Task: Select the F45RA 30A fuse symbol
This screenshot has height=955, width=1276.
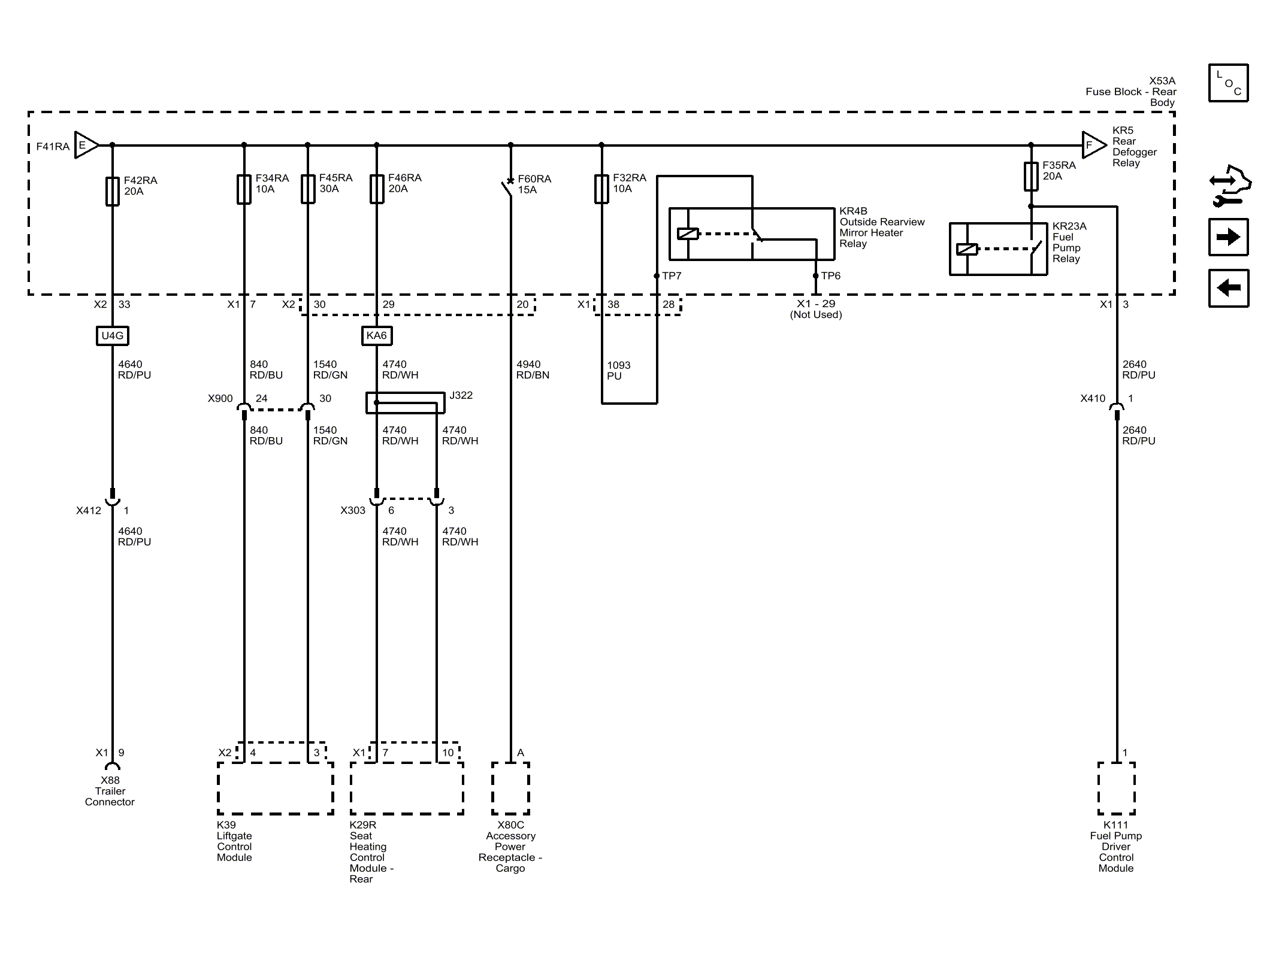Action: pyautogui.click(x=308, y=189)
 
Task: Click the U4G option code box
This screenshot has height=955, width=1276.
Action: pyautogui.click(x=113, y=335)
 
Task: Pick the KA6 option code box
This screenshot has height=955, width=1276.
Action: pyautogui.click(x=377, y=335)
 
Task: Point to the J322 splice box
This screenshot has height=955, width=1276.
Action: pyautogui.click(x=406, y=403)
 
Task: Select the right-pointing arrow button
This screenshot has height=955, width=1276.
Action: pyautogui.click(x=1228, y=237)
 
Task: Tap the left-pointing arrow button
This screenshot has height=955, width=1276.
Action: pyautogui.click(x=1228, y=288)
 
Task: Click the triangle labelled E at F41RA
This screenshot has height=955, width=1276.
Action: pyautogui.click(x=86, y=145)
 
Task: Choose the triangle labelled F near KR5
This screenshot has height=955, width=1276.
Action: pyautogui.click(x=1094, y=145)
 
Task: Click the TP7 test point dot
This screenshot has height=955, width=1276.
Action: pyautogui.click(x=657, y=276)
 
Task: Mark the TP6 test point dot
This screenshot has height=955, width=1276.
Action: pyautogui.click(x=816, y=276)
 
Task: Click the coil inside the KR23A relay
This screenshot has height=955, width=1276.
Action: pyautogui.click(x=967, y=249)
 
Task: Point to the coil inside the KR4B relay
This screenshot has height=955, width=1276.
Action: pyautogui.click(x=688, y=234)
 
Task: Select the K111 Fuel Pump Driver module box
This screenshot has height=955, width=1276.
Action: pyautogui.click(x=1117, y=789)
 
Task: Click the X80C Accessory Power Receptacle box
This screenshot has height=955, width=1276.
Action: pyautogui.click(x=510, y=789)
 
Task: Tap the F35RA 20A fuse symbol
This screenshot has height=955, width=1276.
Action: pyautogui.click(x=1031, y=176)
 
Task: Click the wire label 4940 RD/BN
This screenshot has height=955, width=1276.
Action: pyautogui.click(x=533, y=369)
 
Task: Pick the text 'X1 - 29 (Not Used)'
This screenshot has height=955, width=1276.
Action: pyautogui.click(x=816, y=309)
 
